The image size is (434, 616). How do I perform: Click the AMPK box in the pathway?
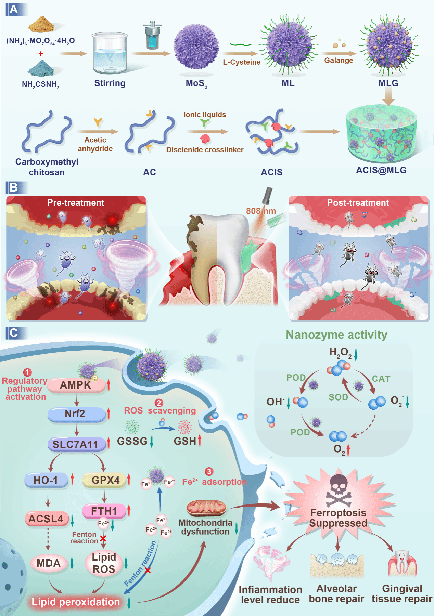(x=76, y=385)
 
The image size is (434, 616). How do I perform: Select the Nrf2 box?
(x=76, y=414)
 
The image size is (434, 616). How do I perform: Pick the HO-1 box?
(x=46, y=480)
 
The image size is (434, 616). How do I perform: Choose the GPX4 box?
(x=105, y=480)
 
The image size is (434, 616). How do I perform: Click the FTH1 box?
(x=104, y=511)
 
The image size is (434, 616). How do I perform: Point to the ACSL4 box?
(x=46, y=519)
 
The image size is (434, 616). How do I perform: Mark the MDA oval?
(x=49, y=563)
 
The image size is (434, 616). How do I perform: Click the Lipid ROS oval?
(x=104, y=563)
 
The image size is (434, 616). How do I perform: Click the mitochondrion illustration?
(x=206, y=508)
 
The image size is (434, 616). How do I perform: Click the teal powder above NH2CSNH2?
(x=41, y=68)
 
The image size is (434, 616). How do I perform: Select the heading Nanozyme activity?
(x=336, y=335)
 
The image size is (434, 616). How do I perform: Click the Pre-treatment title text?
(x=76, y=202)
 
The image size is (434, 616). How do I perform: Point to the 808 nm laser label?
(x=261, y=211)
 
